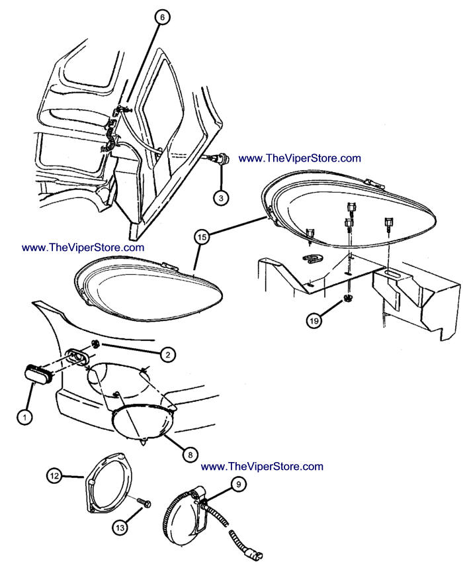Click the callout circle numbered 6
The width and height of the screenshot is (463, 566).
(161, 17)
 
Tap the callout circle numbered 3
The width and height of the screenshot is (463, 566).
(222, 197)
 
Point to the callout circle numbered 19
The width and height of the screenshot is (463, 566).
(315, 320)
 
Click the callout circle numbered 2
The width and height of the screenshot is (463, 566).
(169, 355)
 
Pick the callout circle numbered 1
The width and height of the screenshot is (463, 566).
(24, 417)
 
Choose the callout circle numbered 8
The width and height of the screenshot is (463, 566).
(189, 455)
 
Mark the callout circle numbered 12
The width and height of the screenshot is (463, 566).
(54, 475)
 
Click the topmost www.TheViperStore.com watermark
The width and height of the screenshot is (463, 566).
(300, 158)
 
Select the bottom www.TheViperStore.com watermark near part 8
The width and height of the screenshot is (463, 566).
(262, 466)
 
